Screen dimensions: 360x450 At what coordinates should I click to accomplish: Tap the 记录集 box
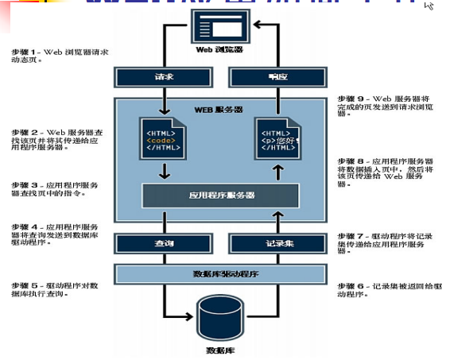(x=275, y=244)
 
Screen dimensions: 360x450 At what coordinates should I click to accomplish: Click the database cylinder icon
(x=220, y=319)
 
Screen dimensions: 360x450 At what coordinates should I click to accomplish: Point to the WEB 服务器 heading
(x=219, y=107)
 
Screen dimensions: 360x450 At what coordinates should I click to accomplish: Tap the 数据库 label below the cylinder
(x=220, y=350)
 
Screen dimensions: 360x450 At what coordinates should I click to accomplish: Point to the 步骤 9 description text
(x=382, y=107)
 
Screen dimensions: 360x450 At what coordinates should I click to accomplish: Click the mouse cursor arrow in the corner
(x=429, y=6)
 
